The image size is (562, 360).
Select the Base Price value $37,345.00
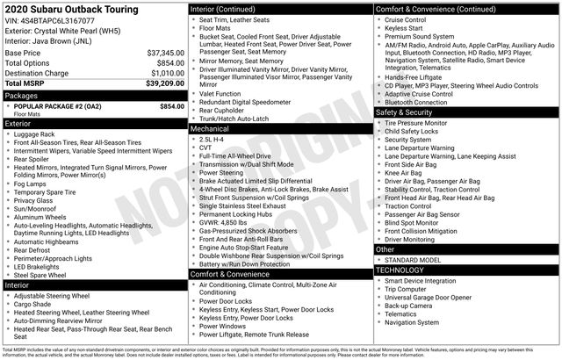click(x=165, y=53)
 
